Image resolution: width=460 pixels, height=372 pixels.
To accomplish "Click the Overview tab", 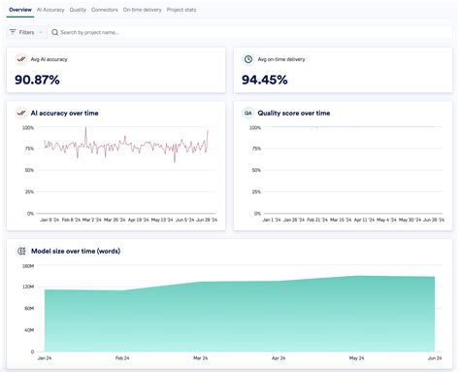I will tap(19, 9).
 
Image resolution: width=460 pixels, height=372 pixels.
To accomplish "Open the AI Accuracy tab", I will tap(50, 9).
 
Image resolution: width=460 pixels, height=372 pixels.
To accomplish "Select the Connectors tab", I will tap(105, 9).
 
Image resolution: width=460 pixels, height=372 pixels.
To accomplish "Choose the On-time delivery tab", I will tap(142, 9).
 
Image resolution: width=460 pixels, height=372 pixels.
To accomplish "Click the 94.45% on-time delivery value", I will tap(272, 79).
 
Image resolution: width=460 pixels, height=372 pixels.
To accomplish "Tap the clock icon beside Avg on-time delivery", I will tap(248, 59).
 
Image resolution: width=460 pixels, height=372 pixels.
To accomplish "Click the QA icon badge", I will tap(248, 113).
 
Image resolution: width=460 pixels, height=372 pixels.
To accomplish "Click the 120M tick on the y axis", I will tap(27, 287).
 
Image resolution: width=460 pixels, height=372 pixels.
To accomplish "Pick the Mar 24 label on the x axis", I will tap(199, 358).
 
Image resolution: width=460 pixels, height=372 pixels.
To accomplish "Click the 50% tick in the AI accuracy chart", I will tap(29, 170).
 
